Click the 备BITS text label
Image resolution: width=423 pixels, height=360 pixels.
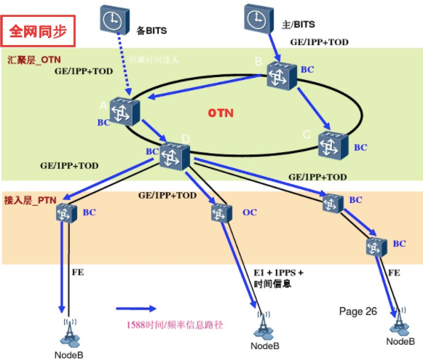point(152,31)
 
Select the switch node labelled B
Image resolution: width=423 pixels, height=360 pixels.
point(281,75)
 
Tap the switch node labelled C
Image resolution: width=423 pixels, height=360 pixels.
point(332,145)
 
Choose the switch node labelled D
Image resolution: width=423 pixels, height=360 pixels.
point(174,156)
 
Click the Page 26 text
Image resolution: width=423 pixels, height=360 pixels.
point(358,311)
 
